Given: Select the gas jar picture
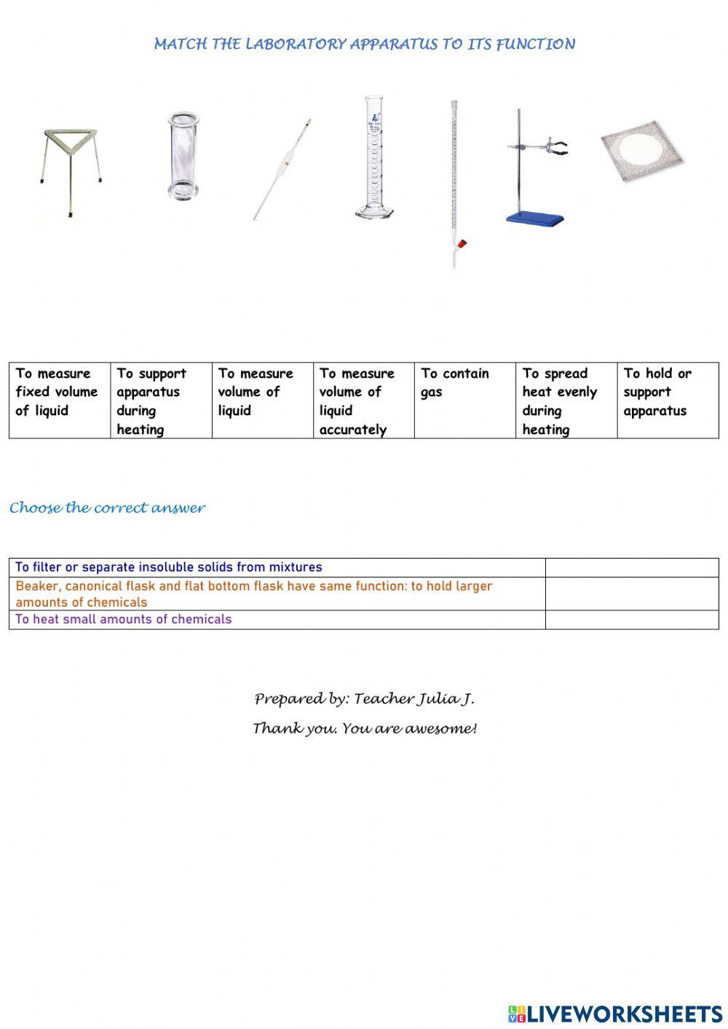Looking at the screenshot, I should (x=181, y=156).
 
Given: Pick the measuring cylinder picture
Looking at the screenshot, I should (x=373, y=157).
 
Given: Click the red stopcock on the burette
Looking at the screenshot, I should (x=462, y=245).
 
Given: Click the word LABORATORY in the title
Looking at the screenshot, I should (x=296, y=44).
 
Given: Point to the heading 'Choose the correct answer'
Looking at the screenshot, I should (x=107, y=508).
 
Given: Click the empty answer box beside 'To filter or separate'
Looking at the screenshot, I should (x=631, y=567).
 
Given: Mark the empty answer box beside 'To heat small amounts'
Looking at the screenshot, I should (x=631, y=619).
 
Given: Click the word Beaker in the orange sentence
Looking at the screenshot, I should (x=37, y=586).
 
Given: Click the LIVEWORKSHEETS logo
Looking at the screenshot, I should (x=615, y=1013).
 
